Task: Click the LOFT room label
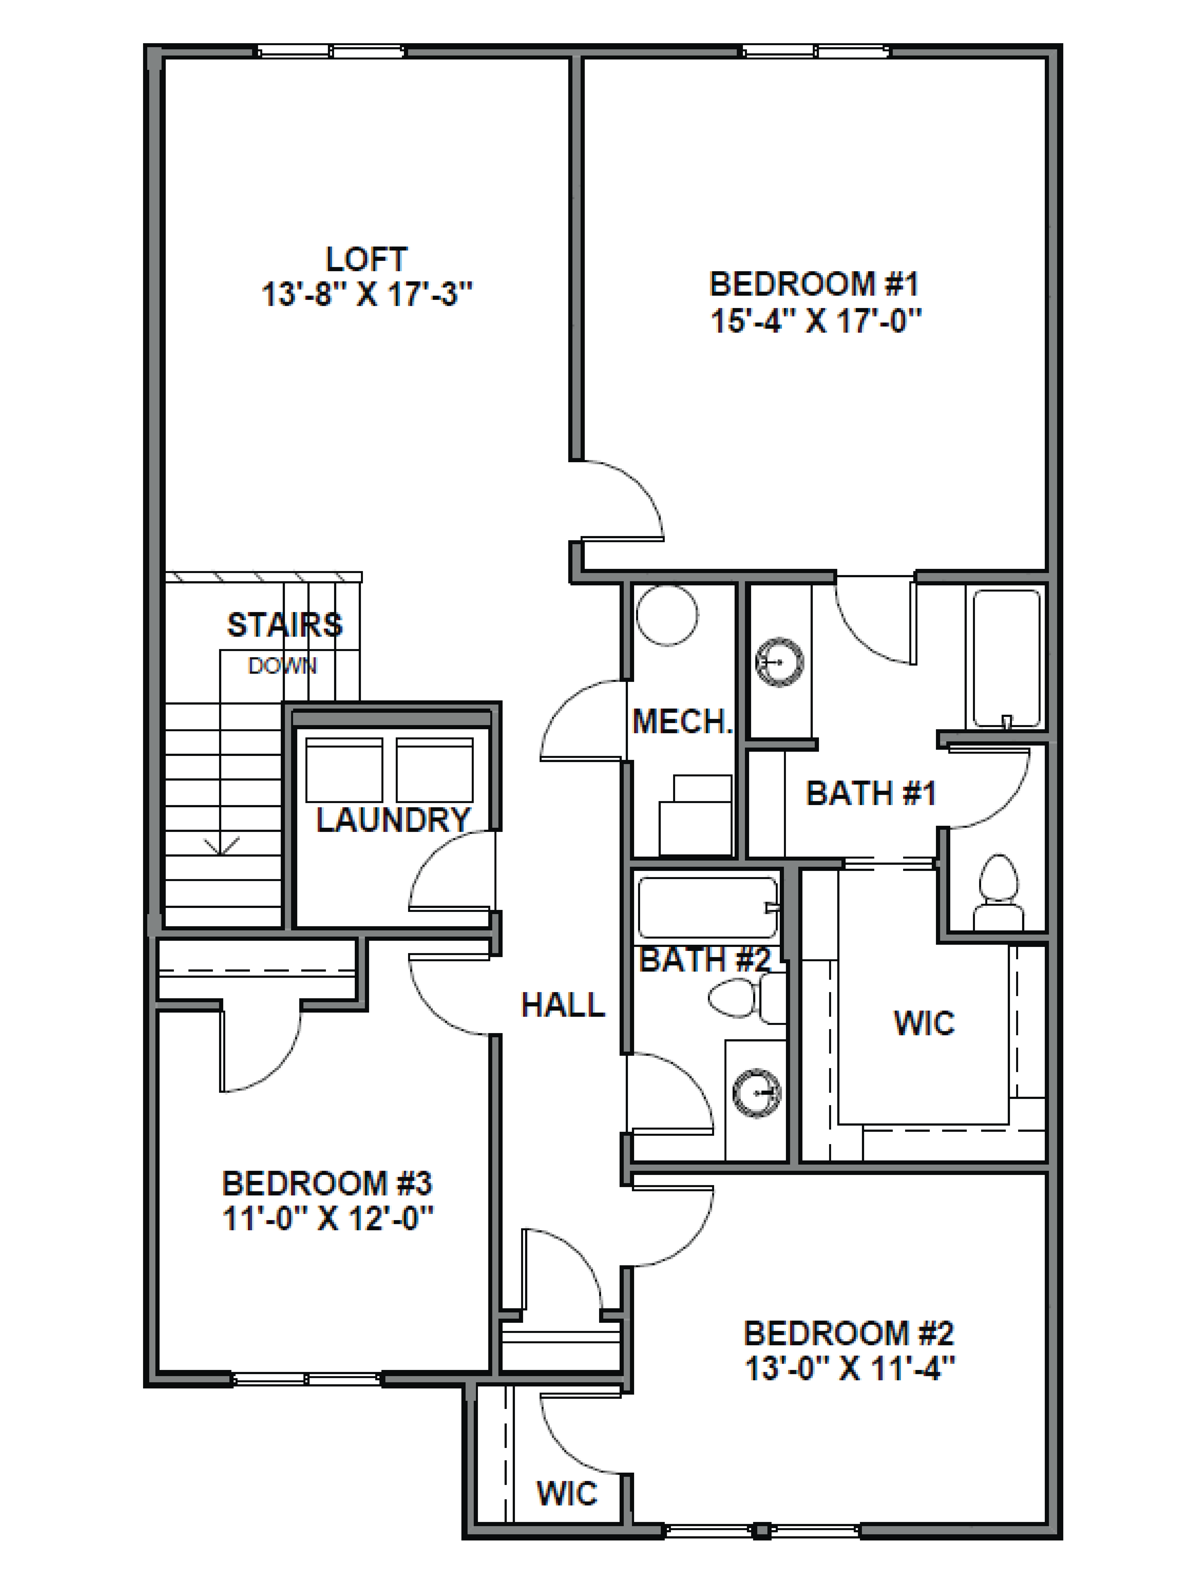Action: (x=366, y=259)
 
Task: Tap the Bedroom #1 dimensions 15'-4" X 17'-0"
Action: (x=815, y=321)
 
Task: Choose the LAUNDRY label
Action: (x=393, y=820)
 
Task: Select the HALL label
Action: (x=563, y=1005)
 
